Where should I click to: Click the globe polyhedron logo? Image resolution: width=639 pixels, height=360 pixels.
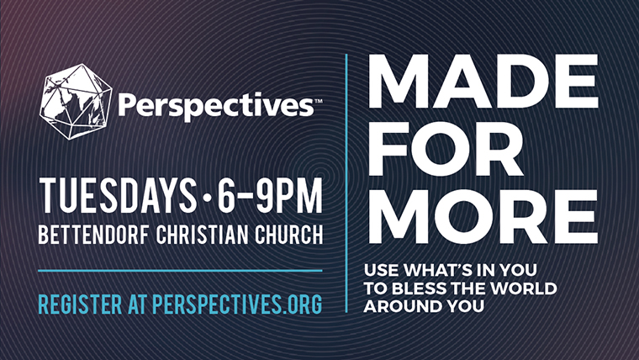tap(76, 102)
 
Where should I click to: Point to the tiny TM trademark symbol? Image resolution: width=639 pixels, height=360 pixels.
tap(319, 101)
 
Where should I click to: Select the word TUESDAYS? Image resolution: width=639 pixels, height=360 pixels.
tap(118, 195)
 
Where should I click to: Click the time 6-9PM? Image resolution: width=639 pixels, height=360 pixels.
tap(270, 195)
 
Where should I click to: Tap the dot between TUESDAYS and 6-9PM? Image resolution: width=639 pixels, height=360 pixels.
tap(207, 199)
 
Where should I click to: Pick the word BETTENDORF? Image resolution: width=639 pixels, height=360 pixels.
tap(93, 235)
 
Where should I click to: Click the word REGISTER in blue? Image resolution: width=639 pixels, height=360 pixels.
tap(80, 304)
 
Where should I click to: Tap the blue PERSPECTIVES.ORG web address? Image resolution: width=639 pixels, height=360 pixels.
tap(237, 304)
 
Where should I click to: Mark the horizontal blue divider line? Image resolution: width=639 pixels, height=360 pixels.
tap(180, 270)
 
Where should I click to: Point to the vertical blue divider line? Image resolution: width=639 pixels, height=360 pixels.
tap(346, 183)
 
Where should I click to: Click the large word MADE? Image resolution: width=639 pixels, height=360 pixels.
tap(483, 81)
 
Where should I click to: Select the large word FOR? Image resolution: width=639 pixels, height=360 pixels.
tap(446, 149)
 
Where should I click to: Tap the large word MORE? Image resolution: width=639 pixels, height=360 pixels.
tap(483, 216)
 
